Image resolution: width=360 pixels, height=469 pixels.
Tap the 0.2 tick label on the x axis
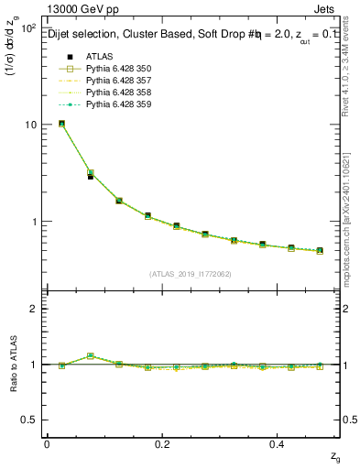[162, 443]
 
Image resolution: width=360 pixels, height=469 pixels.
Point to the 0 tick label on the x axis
[47, 443]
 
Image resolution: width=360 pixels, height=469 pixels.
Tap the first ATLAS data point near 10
[61, 124]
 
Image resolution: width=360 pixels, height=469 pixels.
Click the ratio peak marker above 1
[90, 355]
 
